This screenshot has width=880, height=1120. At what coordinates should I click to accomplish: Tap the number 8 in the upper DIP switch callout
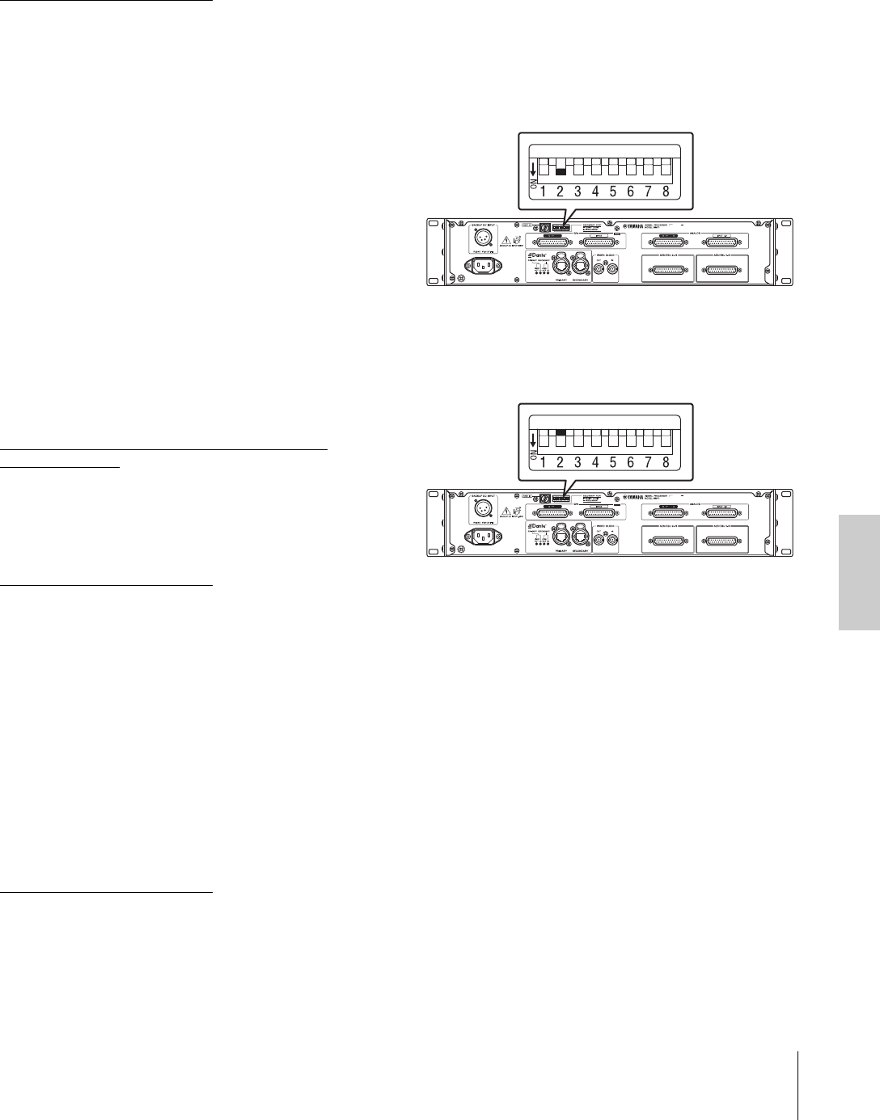665,192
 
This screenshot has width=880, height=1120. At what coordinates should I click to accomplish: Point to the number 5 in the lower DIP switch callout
612,463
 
